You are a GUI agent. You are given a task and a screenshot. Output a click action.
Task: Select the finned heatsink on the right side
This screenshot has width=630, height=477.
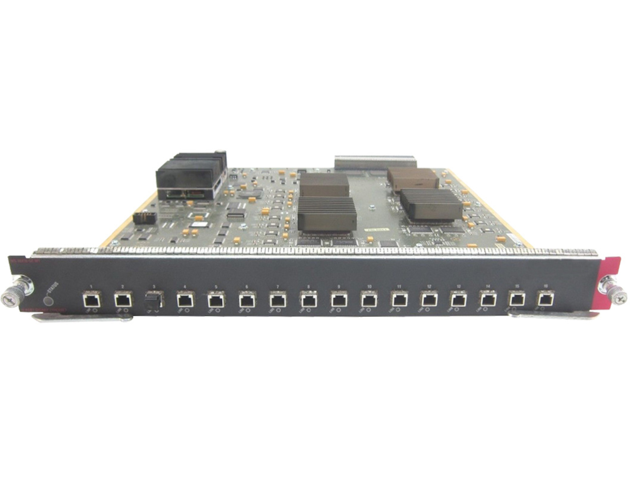pyautogui.click(x=431, y=203)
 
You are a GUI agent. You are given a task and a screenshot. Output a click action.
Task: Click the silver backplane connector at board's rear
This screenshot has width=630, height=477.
pyautogui.click(x=374, y=162)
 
